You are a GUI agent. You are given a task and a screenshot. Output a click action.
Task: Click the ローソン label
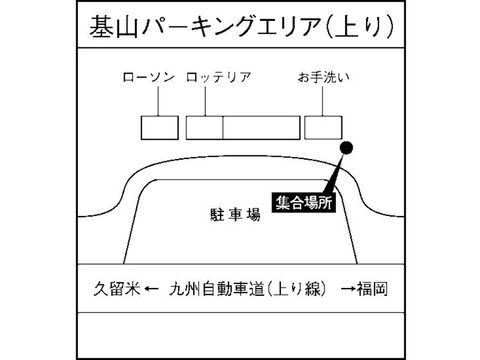(147, 77)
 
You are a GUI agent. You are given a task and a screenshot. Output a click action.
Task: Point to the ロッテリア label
(217, 77)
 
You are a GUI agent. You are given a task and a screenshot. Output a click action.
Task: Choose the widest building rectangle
(261, 127)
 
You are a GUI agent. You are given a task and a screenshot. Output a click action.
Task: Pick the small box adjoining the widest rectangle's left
(204, 127)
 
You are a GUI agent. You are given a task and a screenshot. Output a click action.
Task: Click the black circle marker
(346, 148)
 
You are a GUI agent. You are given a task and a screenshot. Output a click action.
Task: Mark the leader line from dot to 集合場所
(336, 169)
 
